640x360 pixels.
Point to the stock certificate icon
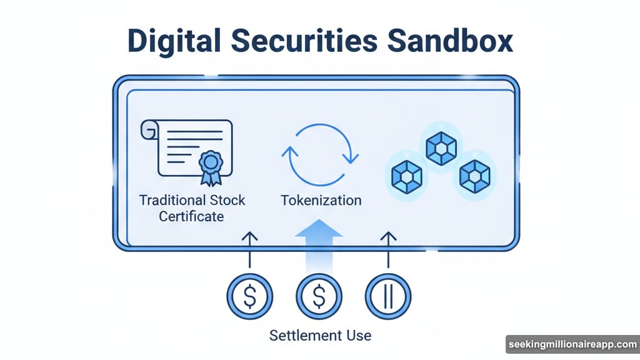coord(187,150)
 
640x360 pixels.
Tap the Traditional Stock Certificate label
coord(192,208)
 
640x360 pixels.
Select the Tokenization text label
coord(321,201)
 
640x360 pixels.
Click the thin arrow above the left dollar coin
coord(249,250)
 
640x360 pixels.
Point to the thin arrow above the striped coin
coord(388,250)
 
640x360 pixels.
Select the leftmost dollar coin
coord(249,296)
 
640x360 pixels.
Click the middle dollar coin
coord(319,296)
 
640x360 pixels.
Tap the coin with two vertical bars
coord(388,296)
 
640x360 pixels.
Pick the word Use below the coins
coord(355,336)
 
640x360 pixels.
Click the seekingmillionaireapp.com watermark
coord(572,345)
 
